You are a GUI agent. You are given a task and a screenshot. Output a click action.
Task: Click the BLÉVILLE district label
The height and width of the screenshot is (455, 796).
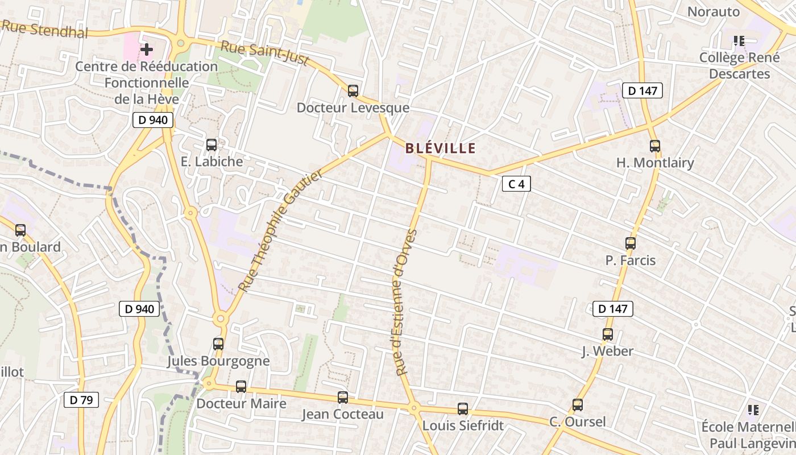pos(440,148)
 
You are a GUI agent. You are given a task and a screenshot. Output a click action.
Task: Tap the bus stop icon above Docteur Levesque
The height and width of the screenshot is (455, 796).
pos(353,90)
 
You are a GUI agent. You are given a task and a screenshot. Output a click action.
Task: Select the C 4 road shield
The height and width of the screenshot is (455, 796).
pos(516,184)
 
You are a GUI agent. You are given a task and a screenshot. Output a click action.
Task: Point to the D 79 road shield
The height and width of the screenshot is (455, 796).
pos(81,400)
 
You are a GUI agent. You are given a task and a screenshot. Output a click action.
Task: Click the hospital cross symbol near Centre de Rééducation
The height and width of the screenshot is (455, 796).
pos(146,49)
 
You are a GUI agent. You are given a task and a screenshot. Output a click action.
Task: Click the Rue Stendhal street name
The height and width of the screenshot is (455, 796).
pos(45,28)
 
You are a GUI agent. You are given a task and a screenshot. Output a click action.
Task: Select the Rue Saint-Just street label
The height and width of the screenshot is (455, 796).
pos(264,53)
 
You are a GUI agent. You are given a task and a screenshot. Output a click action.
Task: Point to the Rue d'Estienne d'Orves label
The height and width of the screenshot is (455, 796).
pos(407,302)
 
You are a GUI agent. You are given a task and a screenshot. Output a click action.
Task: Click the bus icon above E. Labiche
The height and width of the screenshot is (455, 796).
pos(212,145)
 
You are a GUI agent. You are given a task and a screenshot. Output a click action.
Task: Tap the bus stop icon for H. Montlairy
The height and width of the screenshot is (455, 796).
pos(655,146)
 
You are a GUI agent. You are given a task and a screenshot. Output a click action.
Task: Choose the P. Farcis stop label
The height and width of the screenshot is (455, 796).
pos(631,260)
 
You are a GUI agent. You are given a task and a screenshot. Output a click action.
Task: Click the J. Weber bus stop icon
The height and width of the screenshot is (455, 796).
pos(608,334)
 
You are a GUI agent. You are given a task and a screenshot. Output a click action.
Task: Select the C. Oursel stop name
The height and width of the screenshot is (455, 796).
pos(577,422)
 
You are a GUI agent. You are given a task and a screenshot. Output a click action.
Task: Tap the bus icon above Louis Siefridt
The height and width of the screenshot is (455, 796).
pos(463,408)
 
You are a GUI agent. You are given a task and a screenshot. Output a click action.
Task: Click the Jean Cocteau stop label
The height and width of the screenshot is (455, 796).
pos(342,414)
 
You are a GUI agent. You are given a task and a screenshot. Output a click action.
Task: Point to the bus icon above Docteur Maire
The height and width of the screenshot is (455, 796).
pos(241,387)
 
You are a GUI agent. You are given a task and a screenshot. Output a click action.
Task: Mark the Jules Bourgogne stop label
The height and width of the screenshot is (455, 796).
pos(218,361)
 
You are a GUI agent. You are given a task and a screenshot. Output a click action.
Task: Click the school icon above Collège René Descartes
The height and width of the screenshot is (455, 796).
pos(739,41)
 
